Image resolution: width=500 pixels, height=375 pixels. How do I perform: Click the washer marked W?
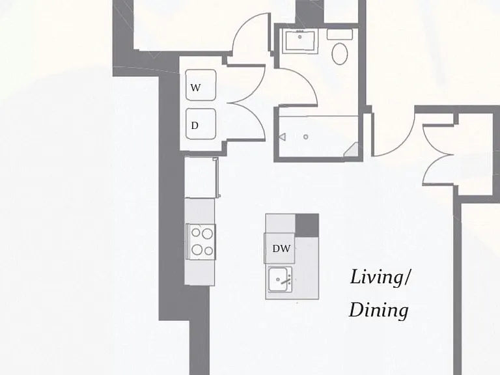[201, 85]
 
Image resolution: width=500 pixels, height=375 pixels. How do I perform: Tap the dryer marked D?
[201, 124]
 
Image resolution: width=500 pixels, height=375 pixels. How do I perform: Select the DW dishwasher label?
[281, 249]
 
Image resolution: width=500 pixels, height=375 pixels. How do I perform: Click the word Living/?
[380, 277]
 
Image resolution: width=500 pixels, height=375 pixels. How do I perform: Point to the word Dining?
[379, 310]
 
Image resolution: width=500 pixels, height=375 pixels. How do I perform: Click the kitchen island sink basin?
[278, 280]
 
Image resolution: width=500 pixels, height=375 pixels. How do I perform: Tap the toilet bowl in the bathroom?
[340, 53]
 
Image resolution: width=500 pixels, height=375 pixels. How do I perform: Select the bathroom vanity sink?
[300, 40]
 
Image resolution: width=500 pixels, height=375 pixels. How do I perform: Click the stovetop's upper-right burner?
[207, 234]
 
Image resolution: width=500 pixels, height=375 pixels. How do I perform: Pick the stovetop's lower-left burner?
[197, 249]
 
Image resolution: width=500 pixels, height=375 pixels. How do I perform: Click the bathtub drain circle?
[306, 137]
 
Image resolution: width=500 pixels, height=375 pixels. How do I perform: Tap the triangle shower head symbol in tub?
[282, 137]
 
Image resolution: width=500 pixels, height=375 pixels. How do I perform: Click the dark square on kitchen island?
[307, 225]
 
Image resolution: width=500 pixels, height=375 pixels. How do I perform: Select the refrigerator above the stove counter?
[201, 177]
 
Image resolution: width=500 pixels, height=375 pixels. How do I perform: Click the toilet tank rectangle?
[340, 34]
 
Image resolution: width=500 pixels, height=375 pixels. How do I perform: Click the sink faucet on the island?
[286, 281]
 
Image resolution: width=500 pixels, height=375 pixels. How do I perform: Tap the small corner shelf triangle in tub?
[352, 150]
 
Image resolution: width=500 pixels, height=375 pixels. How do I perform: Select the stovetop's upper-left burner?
[195, 232]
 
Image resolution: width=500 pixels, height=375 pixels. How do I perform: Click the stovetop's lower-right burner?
[208, 251]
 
